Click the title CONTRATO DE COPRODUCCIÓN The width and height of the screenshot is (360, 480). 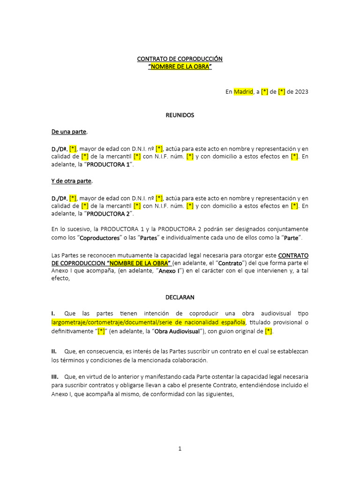tap(180, 59)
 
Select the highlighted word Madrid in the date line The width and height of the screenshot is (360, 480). tap(243, 92)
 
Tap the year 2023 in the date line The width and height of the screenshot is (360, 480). tap(301, 92)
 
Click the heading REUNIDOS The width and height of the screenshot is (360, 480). tap(180, 115)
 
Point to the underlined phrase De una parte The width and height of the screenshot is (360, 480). tap(69, 132)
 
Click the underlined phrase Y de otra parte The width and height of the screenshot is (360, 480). tap(72, 181)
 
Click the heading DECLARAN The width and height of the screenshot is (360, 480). tap(180, 297)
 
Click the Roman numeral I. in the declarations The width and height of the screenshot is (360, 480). tap(53, 313)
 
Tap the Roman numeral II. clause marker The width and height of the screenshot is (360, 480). tap(54, 351)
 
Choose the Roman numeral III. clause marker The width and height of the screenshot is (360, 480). tap(55, 376)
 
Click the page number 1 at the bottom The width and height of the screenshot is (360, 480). tap(180, 449)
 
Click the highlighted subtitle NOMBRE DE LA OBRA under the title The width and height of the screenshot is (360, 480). tap(180, 67)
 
